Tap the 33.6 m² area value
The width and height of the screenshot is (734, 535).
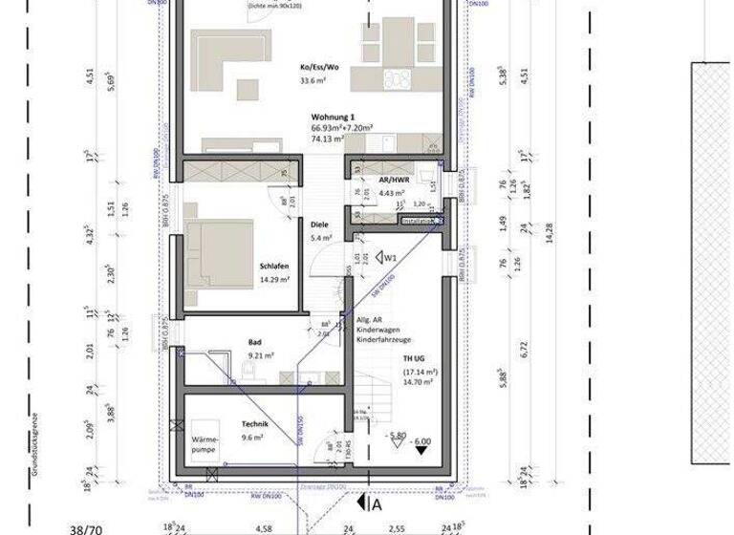tap(313, 81)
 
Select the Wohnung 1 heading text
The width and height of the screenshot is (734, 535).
tap(330, 115)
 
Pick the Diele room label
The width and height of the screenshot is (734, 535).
tap(319, 225)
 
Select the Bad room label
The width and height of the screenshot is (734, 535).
tap(254, 340)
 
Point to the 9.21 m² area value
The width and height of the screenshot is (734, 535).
tap(261, 354)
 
